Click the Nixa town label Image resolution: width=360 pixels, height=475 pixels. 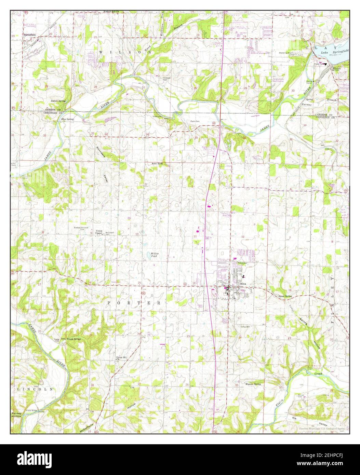[x=243, y=284]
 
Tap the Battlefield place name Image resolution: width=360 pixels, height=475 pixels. [x=29, y=35]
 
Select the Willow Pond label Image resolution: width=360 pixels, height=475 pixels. [x=154, y=254]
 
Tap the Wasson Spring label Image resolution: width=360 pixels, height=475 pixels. [x=253, y=384]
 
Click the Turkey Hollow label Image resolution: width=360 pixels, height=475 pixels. [x=16, y=415]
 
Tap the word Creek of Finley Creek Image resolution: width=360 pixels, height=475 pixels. [x=318, y=374]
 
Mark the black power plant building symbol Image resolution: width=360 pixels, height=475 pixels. [x=326, y=63]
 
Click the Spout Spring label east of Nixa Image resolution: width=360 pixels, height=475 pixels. [x=285, y=296]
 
